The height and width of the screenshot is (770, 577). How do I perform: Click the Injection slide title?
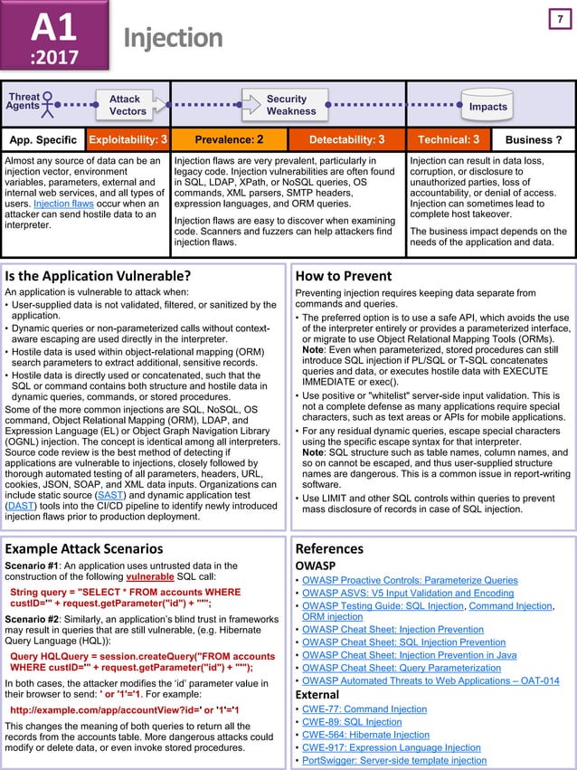click(x=173, y=37)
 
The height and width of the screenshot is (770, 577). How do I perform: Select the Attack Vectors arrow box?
click(x=126, y=105)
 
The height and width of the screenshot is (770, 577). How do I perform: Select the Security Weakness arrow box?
click(x=291, y=105)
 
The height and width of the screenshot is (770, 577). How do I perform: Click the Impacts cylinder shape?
click(x=487, y=105)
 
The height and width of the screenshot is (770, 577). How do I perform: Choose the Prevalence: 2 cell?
click(x=230, y=140)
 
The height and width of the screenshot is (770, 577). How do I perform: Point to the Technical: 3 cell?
click(x=448, y=140)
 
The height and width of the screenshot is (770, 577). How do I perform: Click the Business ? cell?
click(x=534, y=140)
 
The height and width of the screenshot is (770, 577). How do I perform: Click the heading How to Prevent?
click(x=343, y=276)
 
